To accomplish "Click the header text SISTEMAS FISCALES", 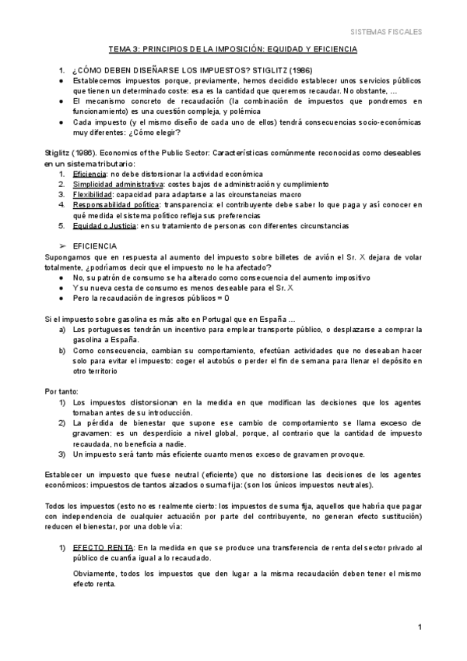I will [386, 33].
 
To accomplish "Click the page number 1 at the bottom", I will [420, 627].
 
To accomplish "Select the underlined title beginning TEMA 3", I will [233, 49].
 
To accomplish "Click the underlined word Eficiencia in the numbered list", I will [90, 174].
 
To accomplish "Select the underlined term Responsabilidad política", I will [111, 205].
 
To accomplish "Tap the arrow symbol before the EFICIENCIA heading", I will [65, 245].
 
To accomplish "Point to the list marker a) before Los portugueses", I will [62, 329].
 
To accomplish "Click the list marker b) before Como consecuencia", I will [62, 350].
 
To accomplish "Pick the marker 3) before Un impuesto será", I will [62, 454].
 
